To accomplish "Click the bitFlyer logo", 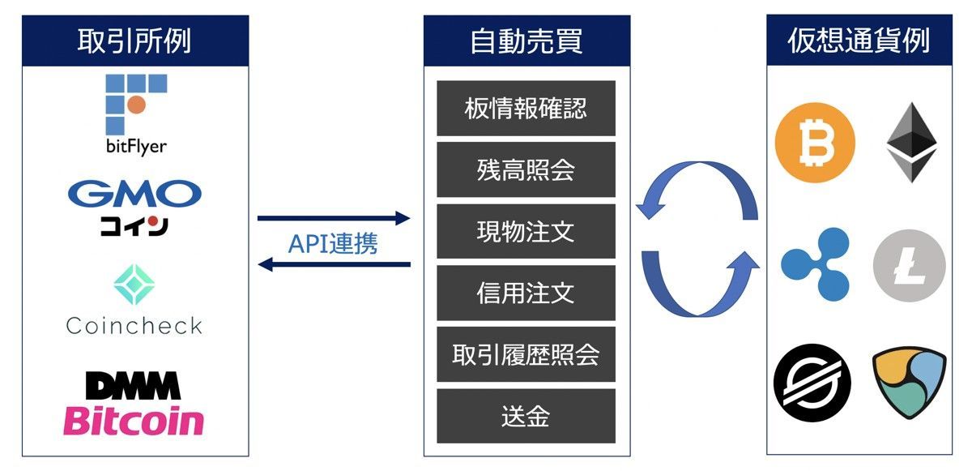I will (135, 113).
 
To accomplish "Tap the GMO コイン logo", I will (134, 208).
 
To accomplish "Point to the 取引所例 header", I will (134, 41).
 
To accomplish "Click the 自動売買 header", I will (526, 41).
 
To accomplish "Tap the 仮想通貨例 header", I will (859, 41).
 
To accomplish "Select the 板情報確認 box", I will (526, 108).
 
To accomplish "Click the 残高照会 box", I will (526, 169).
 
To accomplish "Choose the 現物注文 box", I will (526, 231).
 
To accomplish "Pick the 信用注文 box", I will (526, 293).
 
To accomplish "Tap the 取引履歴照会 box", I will (526, 354).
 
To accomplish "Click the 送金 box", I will (526, 416).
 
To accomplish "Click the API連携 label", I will (333, 243).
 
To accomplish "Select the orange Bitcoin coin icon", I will (815, 143).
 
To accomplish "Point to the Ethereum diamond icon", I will (911, 142).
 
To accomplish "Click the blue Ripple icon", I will (815, 264).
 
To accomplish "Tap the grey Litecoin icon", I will (910, 266).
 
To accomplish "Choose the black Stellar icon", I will (812, 382).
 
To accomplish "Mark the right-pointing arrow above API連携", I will (333, 218).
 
